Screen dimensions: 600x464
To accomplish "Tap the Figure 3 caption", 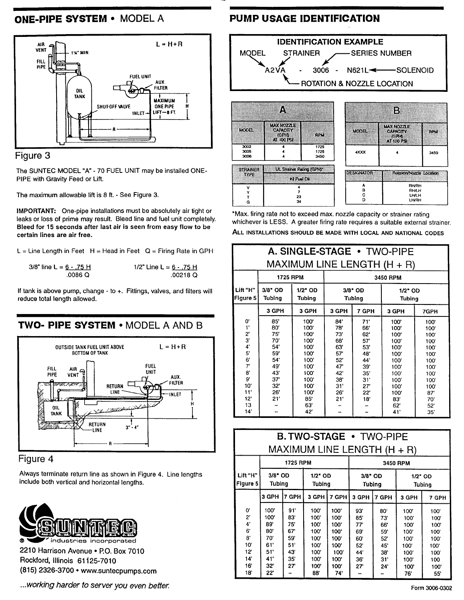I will (x=34, y=156).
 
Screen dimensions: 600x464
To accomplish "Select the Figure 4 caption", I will (x=36, y=459).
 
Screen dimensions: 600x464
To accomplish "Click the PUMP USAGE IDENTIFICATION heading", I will (x=304, y=18).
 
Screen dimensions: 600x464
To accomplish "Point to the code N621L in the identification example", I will (x=357, y=70).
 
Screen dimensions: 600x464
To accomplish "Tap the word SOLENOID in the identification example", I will (x=415, y=70).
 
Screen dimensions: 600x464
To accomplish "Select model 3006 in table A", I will (x=246, y=156).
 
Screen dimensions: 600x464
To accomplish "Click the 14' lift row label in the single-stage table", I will (x=247, y=412).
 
